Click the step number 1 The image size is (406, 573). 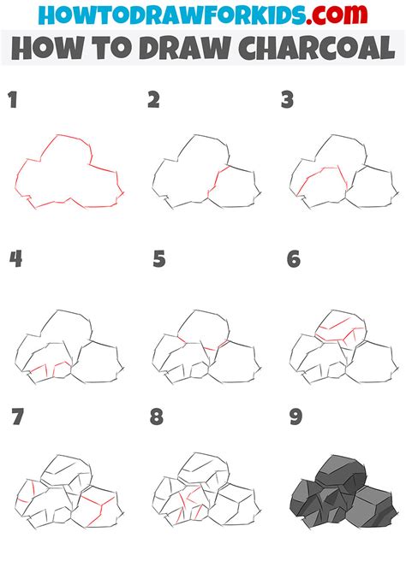coord(12,101)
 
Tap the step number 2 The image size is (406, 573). coord(153,101)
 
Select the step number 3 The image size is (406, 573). coord(289,101)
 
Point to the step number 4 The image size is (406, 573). coord(14,258)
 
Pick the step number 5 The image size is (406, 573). coord(158,258)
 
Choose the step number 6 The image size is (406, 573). coord(294,258)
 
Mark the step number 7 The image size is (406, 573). coord(16,417)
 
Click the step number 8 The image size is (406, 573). coord(157,417)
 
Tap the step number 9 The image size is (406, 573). coord(296,417)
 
